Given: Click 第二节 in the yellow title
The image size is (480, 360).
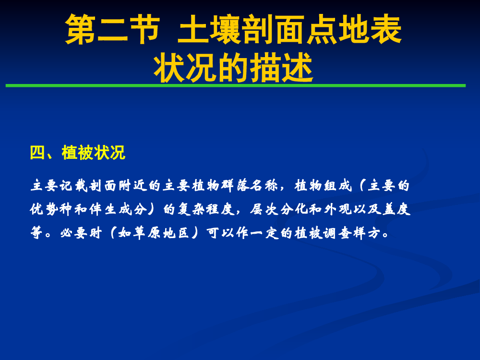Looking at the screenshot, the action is tap(112, 29).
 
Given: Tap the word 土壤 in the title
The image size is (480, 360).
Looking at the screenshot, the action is tap(209, 29).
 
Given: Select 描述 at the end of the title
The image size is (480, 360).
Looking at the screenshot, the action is tap(282, 67).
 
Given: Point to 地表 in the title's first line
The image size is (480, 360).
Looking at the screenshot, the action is tap(370, 29).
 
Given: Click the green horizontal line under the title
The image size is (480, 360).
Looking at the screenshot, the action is tap(236, 86).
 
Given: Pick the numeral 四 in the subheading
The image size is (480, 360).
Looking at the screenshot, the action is tap(37, 153).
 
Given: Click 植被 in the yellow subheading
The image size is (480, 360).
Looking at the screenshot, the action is tap(77, 153).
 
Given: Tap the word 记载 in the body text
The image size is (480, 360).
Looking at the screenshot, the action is tap(73, 185).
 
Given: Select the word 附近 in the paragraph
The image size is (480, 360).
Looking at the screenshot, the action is tap(132, 185).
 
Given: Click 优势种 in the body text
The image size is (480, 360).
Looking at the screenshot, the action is tap(51, 209).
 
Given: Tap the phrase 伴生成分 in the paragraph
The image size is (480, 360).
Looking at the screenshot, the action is tap(118, 209).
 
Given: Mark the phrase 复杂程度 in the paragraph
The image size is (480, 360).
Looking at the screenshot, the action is tap(206, 209).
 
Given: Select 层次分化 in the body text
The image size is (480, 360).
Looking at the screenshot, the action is tap(279, 209).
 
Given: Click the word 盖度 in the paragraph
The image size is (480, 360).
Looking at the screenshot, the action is tap(397, 209).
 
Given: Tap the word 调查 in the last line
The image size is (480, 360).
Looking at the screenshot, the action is tap(338, 233).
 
